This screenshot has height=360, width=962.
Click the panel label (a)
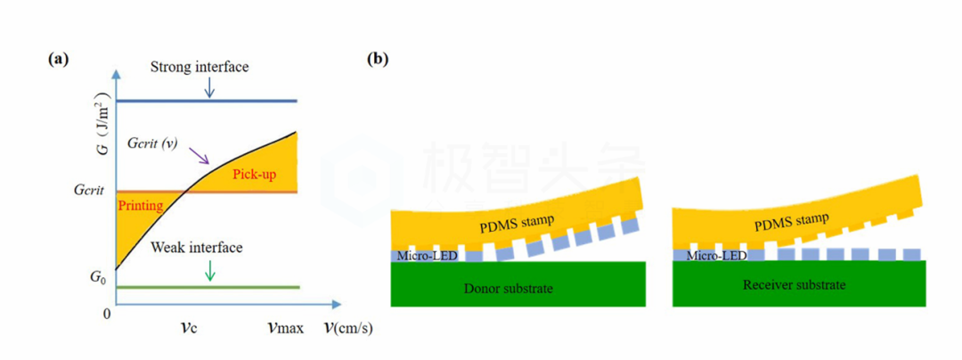pos(58,60)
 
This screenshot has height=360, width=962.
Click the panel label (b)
pos(379,60)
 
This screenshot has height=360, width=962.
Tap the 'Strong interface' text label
pos(199,67)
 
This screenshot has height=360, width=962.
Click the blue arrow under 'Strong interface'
pos(209,86)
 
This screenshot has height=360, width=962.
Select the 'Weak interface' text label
pos(196,247)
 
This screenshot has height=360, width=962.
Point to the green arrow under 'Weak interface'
pos(209,270)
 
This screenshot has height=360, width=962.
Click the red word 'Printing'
pos(140,206)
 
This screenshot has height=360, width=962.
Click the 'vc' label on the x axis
pos(187,328)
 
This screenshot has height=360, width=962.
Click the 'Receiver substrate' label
pos(795,285)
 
